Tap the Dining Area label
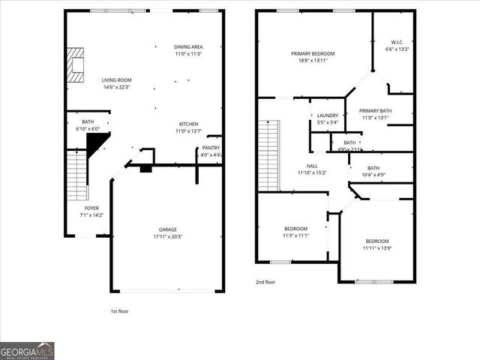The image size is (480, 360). tap(188, 50)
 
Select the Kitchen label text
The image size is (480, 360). tap(188, 127)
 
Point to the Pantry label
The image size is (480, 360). tap(211, 151)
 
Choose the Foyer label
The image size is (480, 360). tap(91, 211)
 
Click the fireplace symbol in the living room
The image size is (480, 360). tap(74, 64)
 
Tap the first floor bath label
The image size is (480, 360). tap(88, 125)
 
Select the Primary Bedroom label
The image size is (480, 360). tap(313, 57)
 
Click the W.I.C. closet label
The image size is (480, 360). tap(397, 46)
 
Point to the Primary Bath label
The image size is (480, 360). tap(375, 114)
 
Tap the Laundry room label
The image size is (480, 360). tap(328, 118)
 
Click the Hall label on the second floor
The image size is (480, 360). tap(312, 169)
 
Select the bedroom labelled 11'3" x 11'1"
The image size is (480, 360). tap(295, 232)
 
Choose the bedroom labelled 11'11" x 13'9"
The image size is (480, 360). tap(376, 244)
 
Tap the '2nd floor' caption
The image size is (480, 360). tap(265, 282)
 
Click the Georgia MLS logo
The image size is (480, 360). tap(28, 350)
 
